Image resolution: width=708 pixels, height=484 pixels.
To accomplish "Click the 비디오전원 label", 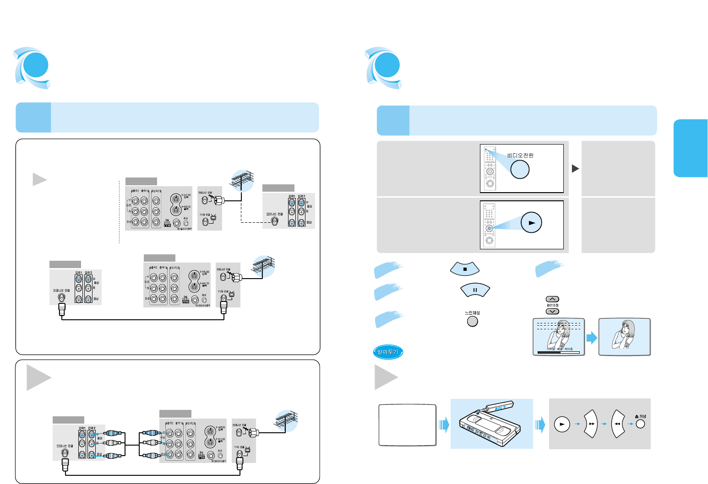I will point(520,155).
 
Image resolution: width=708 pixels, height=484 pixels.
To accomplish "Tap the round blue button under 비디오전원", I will point(520,169).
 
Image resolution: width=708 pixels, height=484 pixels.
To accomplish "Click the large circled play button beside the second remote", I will point(531,223).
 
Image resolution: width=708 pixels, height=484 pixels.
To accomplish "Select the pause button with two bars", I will point(475,290).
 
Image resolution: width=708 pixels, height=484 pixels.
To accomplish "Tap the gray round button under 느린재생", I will point(472,321).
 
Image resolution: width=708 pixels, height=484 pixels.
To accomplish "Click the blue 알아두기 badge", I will point(387,352).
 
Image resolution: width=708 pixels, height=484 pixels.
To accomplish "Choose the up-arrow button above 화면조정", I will point(552,300).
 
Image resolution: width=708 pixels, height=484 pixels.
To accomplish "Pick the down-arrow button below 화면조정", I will point(552,311).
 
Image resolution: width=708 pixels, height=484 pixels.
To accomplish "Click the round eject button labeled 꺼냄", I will point(640,424).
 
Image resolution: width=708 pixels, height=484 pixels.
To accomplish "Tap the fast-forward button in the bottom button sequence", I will point(592,424).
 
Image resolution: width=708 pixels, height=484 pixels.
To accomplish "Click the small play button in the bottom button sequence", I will point(561,424).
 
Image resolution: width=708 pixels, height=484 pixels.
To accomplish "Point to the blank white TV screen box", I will point(407,425).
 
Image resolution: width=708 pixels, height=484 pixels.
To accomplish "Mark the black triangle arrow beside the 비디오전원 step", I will point(576,168).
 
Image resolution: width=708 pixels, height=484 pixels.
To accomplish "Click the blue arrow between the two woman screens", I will point(592,339).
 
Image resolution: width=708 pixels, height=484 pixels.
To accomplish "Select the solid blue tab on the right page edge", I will point(690,148).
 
